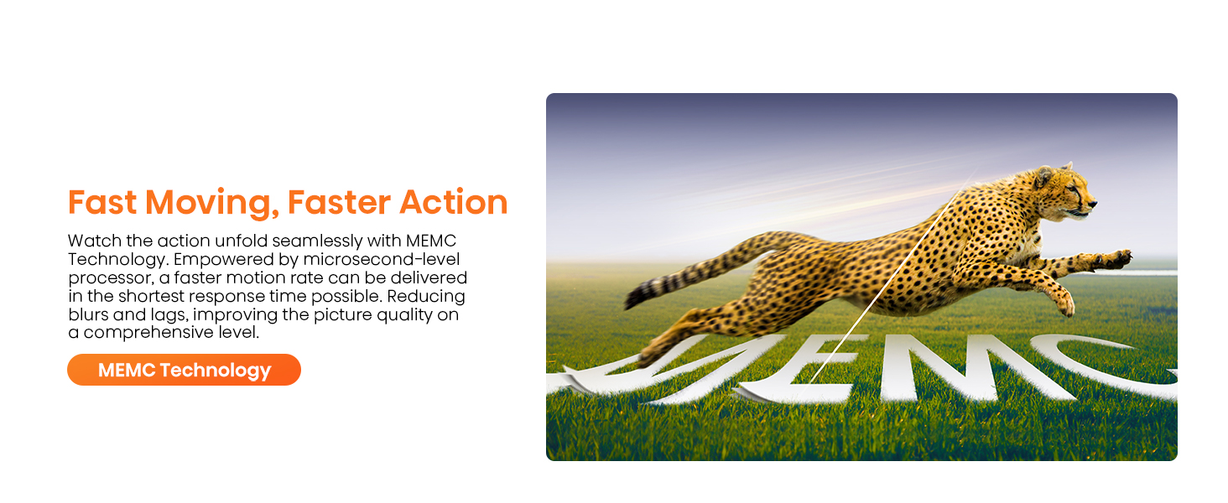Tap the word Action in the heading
[x=454, y=202]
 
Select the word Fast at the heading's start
[x=102, y=202]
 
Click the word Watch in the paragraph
[x=94, y=241]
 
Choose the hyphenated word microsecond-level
[x=382, y=259]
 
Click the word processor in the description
[x=112, y=278]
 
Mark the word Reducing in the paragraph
[x=426, y=297]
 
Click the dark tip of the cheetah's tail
[x=636, y=298]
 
